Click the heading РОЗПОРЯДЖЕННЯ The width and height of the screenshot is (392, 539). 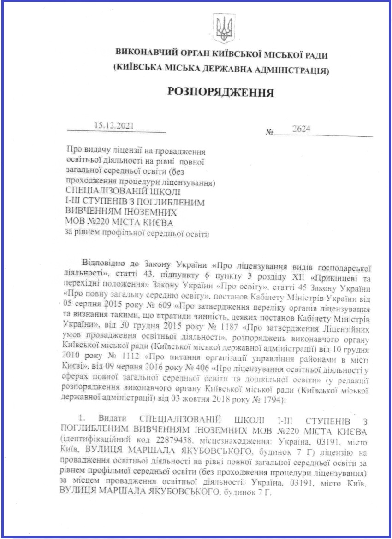click(x=222, y=92)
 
